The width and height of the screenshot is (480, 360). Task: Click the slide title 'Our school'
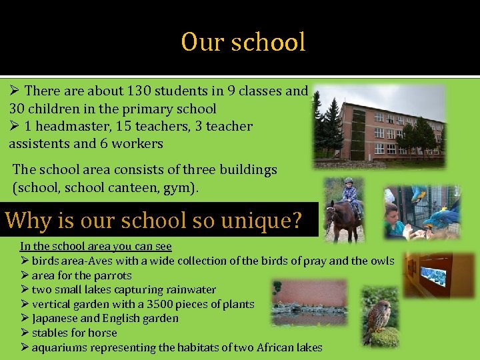tap(243, 43)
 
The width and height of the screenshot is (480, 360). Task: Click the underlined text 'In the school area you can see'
tap(95, 247)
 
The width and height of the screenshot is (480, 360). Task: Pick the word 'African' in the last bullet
tap(265, 347)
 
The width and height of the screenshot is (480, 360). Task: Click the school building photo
tap(379, 127)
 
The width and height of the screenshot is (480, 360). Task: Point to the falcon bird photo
tap(380, 317)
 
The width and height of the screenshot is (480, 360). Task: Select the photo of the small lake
tap(309, 303)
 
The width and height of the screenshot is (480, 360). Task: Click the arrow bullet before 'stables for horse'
tap(24, 333)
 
